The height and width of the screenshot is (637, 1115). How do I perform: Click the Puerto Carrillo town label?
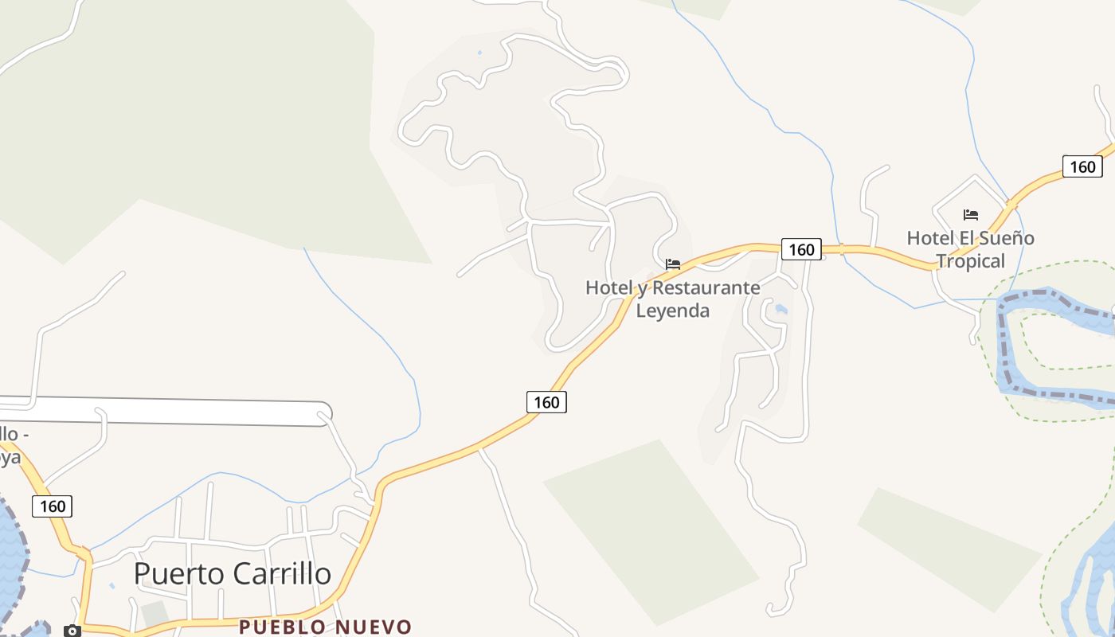tap(232, 574)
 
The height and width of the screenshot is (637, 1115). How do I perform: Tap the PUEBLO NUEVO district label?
tap(325, 627)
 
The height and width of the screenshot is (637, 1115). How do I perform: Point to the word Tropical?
tap(970, 260)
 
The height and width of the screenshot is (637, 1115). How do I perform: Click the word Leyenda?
tap(672, 311)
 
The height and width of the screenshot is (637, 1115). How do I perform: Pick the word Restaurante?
tap(706, 287)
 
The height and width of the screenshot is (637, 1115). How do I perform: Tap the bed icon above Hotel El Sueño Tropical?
tap(970, 214)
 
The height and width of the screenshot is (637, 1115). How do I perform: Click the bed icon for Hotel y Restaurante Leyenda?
tap(673, 264)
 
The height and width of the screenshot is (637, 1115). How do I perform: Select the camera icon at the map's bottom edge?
tap(72, 631)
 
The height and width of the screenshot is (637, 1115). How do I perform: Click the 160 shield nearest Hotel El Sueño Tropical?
tap(1082, 166)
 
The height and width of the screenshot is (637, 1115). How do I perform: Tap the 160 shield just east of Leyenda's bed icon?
tap(800, 249)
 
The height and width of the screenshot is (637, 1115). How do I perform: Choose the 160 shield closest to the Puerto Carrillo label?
tap(53, 506)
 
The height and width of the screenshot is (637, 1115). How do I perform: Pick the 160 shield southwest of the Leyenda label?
tap(546, 402)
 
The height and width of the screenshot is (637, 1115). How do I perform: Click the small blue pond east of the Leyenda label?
tap(780, 309)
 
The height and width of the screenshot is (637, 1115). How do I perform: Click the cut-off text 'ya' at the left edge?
tap(10, 457)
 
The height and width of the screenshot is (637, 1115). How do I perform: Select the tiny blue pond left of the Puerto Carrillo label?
tap(111, 586)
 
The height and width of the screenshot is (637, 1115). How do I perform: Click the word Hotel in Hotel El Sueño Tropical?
tap(928, 238)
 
